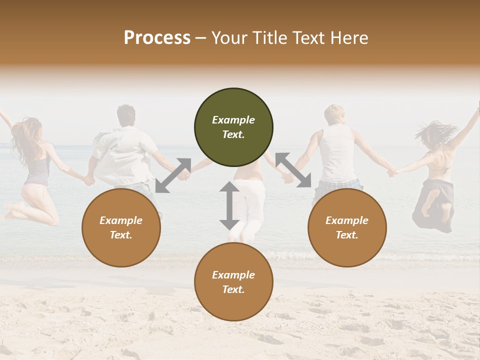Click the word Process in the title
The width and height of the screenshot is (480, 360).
(x=157, y=38)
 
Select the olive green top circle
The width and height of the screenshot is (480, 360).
(x=233, y=127)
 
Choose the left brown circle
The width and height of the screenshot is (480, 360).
(x=121, y=227)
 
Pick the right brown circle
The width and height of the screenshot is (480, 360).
(x=347, y=227)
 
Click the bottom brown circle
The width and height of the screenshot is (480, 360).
(x=233, y=282)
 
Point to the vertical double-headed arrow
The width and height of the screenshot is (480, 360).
(x=229, y=205)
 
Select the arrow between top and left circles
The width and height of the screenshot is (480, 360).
(x=173, y=175)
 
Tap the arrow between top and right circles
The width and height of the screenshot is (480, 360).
(x=293, y=170)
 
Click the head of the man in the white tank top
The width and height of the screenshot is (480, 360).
(x=334, y=115)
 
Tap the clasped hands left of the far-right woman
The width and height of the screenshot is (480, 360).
(x=392, y=172)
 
